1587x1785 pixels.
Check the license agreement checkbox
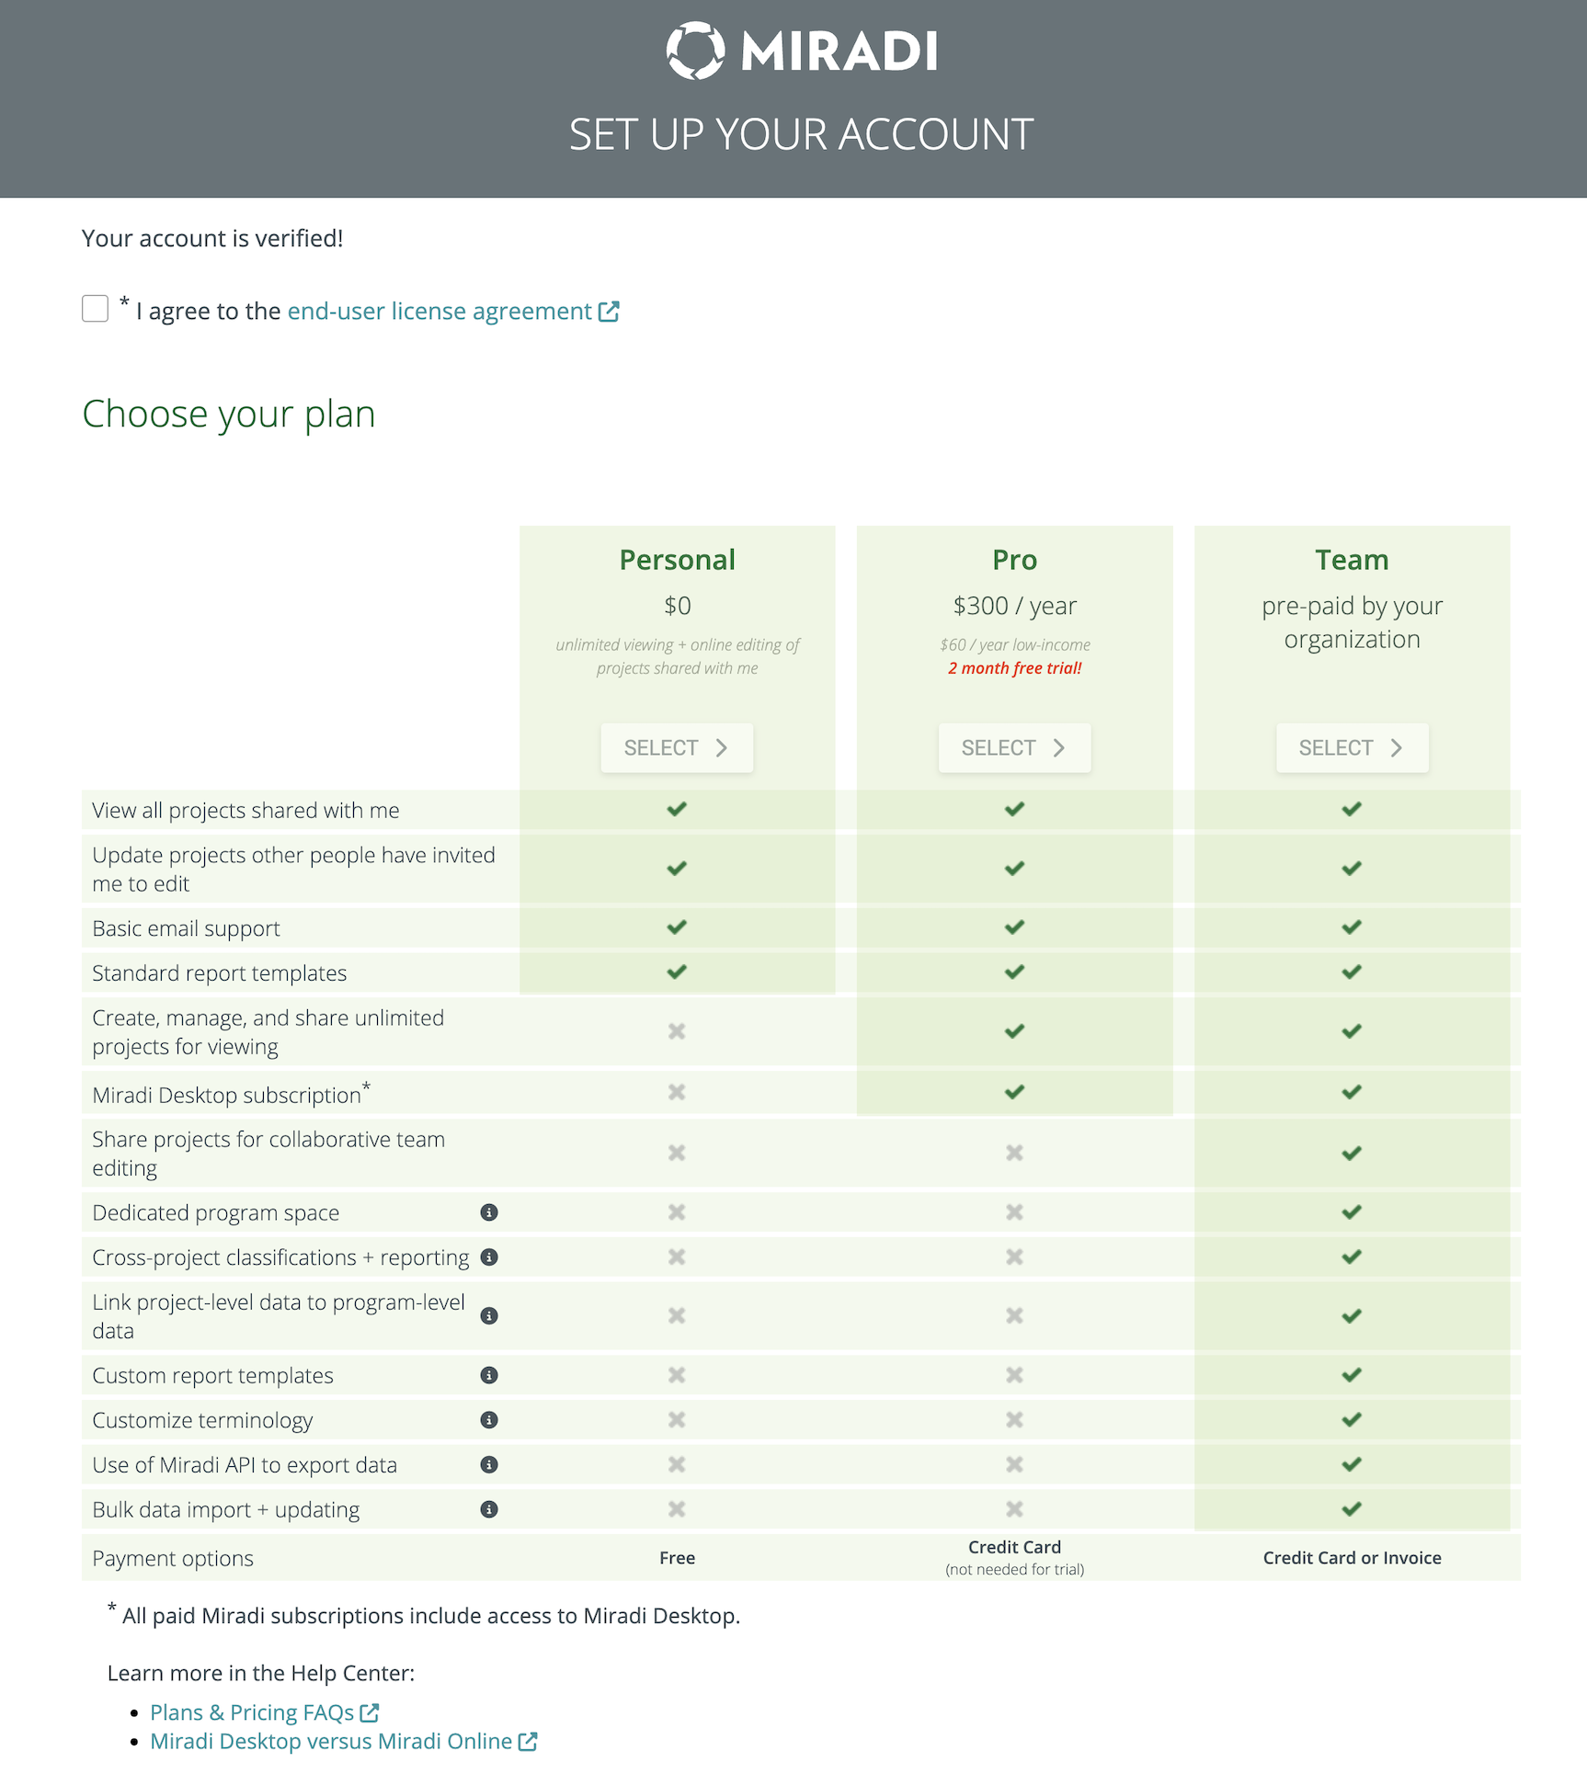(x=95, y=309)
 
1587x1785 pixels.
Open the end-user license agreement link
(x=440, y=312)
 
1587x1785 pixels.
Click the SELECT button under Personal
(x=677, y=747)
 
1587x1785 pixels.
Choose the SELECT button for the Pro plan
(x=1014, y=747)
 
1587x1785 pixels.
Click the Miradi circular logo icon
(x=695, y=51)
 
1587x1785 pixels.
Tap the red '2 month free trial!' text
(x=1014, y=668)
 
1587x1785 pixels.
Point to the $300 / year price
(x=1014, y=606)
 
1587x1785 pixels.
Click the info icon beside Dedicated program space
(x=489, y=1212)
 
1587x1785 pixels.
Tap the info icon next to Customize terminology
(x=489, y=1420)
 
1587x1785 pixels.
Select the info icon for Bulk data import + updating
(x=489, y=1509)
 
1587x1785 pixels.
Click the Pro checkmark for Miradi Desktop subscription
(x=1014, y=1092)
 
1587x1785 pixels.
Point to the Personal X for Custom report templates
(x=677, y=1375)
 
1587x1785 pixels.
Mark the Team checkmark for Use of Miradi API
(x=1352, y=1464)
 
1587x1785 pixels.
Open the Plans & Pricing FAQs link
(x=252, y=1712)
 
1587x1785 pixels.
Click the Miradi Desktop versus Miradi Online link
(x=331, y=1741)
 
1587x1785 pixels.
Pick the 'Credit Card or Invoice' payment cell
(x=1352, y=1558)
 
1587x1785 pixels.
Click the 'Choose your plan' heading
(x=228, y=414)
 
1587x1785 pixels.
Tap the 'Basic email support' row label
(x=186, y=928)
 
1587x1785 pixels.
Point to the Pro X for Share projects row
(x=1014, y=1153)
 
